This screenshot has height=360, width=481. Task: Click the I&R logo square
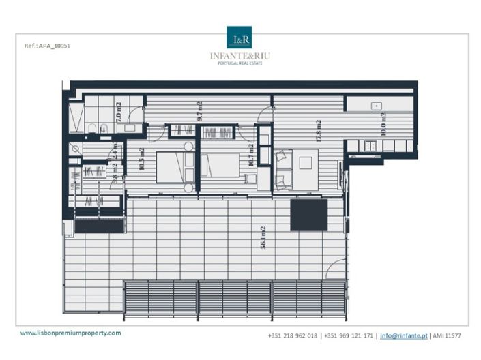239,37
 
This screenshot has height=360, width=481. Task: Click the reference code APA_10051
47,46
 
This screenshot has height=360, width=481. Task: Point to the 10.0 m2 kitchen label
383,124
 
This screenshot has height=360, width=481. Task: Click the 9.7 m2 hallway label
200,110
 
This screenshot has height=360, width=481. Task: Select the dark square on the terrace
309,215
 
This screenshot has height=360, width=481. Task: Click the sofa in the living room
282,170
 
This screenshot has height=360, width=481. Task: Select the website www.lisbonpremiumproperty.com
70,333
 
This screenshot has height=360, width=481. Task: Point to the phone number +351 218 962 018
293,335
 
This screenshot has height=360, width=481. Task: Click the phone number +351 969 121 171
348,335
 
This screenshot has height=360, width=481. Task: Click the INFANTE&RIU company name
239,56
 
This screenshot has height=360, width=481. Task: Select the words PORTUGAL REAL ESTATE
239,63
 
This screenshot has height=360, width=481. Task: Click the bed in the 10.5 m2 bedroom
173,167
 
